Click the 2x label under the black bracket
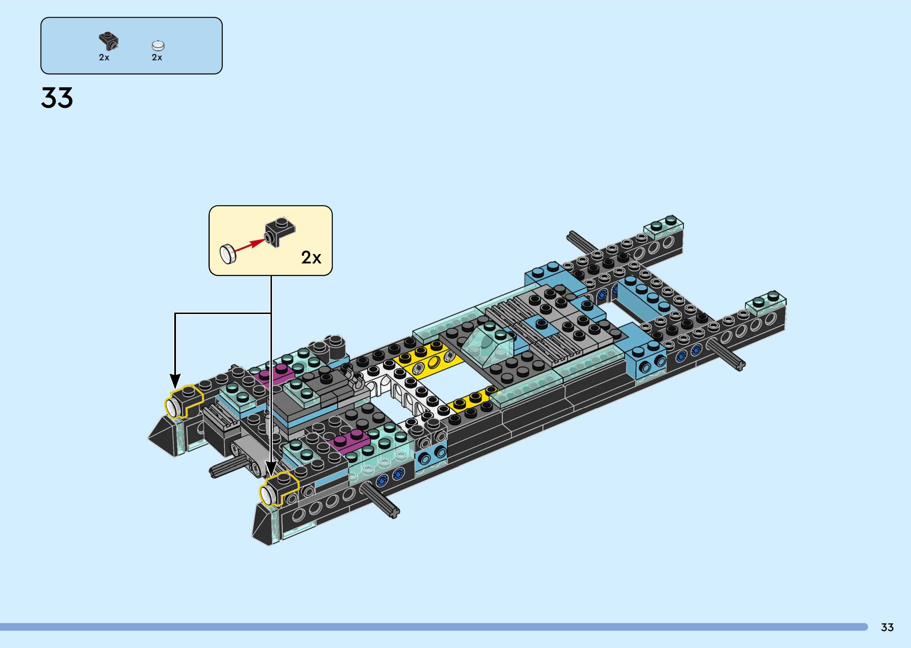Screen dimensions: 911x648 pos(104,57)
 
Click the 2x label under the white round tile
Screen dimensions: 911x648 pos(157,57)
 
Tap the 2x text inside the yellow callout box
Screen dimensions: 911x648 pos(311,258)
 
